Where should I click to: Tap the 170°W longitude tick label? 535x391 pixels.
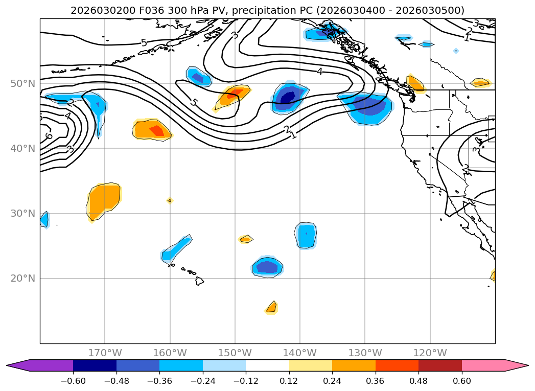[105, 353]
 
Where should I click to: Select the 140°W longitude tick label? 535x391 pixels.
[300, 353]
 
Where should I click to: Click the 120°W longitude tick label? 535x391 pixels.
[430, 353]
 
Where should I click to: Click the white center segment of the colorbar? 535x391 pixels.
[267, 365]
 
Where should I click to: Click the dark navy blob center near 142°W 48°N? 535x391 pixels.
[288, 96]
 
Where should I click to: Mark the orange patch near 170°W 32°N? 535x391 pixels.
[104, 200]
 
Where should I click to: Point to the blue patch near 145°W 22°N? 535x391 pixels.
[267, 267]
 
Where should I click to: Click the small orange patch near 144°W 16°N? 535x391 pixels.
[271, 307]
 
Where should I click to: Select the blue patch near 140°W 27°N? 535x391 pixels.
[306, 236]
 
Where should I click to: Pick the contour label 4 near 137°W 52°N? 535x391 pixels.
[319, 72]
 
